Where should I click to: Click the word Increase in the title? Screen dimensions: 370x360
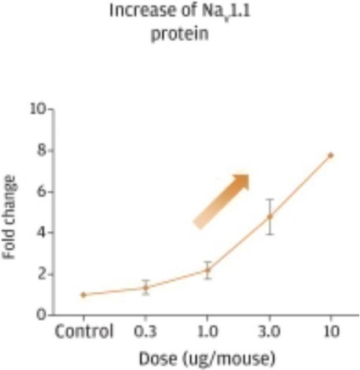click(x=133, y=11)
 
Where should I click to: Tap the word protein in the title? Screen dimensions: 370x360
click(x=180, y=34)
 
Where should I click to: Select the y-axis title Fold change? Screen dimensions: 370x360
click(x=10, y=216)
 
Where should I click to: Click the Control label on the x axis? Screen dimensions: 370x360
click(x=84, y=332)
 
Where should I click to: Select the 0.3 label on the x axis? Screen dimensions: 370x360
click(x=146, y=332)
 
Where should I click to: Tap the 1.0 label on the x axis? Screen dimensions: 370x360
click(x=208, y=332)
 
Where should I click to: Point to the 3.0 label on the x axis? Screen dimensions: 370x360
click(x=270, y=332)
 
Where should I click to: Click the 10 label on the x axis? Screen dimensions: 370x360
click(x=330, y=332)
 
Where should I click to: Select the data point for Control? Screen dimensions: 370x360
click(x=84, y=295)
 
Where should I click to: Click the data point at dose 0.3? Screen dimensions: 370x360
click(x=146, y=287)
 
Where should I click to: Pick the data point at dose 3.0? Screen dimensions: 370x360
click(x=270, y=216)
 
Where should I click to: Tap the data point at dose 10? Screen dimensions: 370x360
click(x=330, y=155)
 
